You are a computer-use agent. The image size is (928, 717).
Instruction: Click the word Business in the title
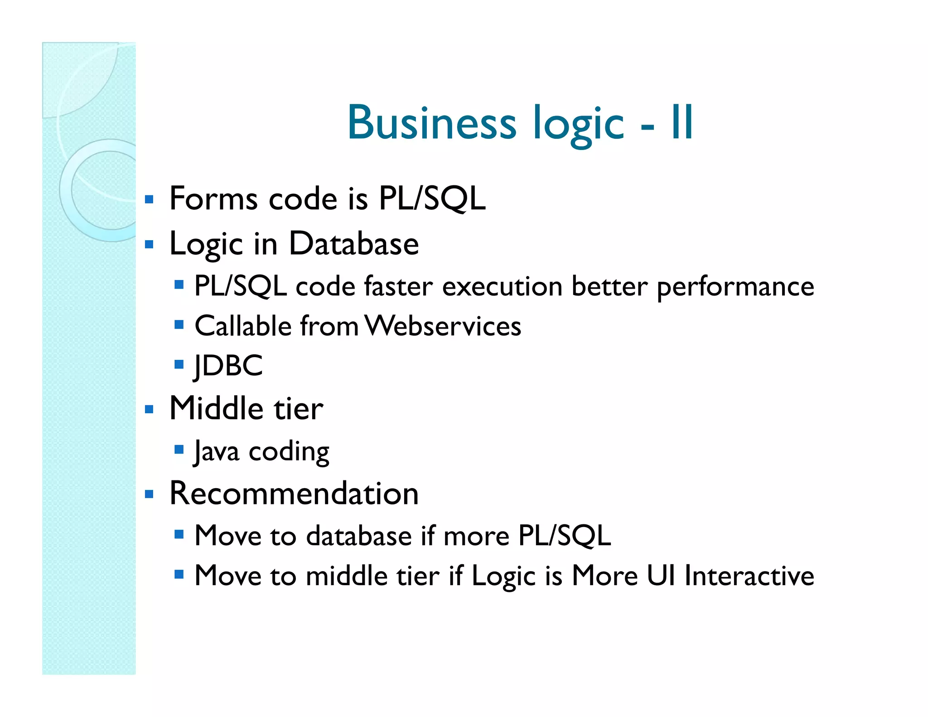point(431,122)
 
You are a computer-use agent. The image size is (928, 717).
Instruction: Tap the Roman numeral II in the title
point(682,122)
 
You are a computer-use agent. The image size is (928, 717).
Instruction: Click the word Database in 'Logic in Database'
point(353,244)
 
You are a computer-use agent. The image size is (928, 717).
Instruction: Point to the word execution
point(502,286)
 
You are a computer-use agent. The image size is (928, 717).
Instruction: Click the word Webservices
point(443,326)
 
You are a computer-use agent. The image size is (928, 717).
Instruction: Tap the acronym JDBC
point(228,365)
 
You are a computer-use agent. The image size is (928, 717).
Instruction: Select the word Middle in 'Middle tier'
point(216,408)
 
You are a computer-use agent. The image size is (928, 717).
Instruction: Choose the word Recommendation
point(294,493)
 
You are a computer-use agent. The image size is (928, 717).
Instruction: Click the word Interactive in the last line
point(749,576)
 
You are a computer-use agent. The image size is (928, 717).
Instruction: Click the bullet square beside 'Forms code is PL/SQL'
point(149,199)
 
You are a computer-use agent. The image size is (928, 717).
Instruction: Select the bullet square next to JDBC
point(179,364)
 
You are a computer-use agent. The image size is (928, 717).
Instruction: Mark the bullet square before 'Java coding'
point(179,450)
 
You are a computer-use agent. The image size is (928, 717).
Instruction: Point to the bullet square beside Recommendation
point(149,494)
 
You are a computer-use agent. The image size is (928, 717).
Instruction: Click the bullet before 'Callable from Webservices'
point(179,325)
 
